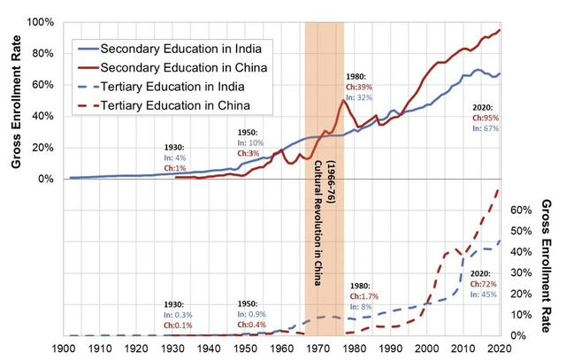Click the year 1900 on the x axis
point(68,349)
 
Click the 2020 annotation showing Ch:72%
point(485,285)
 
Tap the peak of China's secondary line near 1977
point(343,100)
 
